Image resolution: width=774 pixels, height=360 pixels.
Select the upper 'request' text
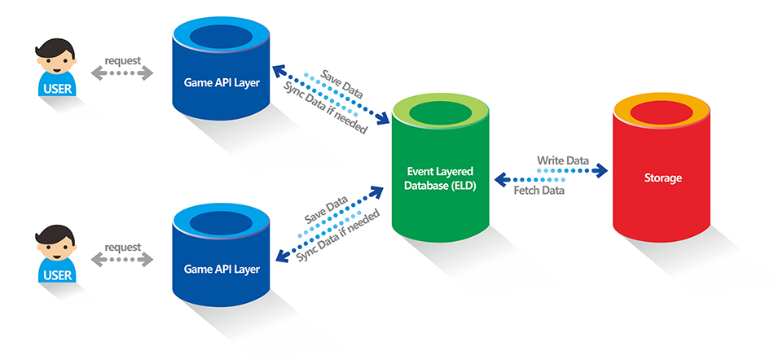pyautogui.click(x=122, y=60)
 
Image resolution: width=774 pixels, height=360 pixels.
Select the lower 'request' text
pyautogui.click(x=122, y=247)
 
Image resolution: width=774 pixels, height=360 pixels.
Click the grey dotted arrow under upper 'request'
pyautogui.click(x=122, y=73)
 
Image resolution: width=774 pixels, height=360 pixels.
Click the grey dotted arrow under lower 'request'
pyautogui.click(x=122, y=261)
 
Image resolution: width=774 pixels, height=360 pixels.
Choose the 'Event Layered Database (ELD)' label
pyautogui.click(x=441, y=178)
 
